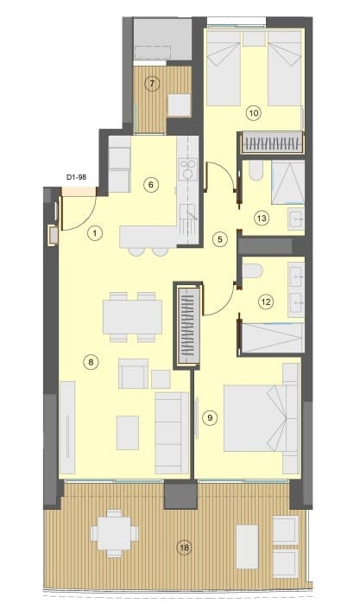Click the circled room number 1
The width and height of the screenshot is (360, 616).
click(x=95, y=232)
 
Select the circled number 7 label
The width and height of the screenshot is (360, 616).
click(x=152, y=84)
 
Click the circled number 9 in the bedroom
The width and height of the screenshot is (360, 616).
click(x=208, y=417)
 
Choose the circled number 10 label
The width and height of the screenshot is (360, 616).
click(x=253, y=111)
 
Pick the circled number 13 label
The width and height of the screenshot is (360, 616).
click(x=262, y=219)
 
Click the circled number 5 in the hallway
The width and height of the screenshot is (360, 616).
click(x=220, y=238)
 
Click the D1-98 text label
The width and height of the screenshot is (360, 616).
click(x=78, y=178)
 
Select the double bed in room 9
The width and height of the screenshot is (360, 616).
click(x=258, y=417)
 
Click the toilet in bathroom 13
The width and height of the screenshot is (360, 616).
click(x=249, y=174)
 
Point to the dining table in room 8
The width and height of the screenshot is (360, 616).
click(x=132, y=315)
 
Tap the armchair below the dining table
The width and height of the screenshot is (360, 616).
click(x=133, y=375)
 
